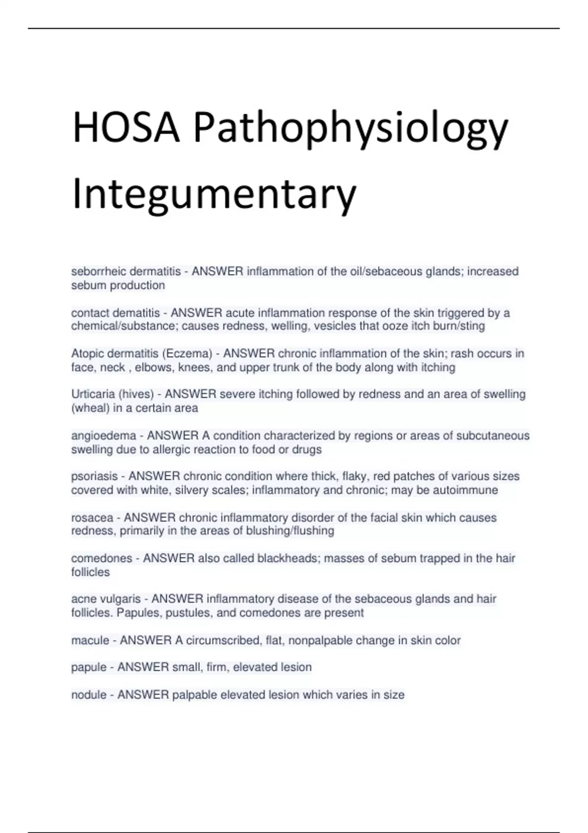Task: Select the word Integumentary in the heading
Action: pyautogui.click(x=214, y=195)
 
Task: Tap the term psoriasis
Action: pyautogui.click(x=95, y=476)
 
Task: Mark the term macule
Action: pyautogui.click(x=90, y=640)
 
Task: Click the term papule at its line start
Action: pyautogui.click(x=89, y=667)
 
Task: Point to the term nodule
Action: pyautogui.click(x=89, y=695)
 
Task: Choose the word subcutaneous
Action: pyautogui.click(x=493, y=436)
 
